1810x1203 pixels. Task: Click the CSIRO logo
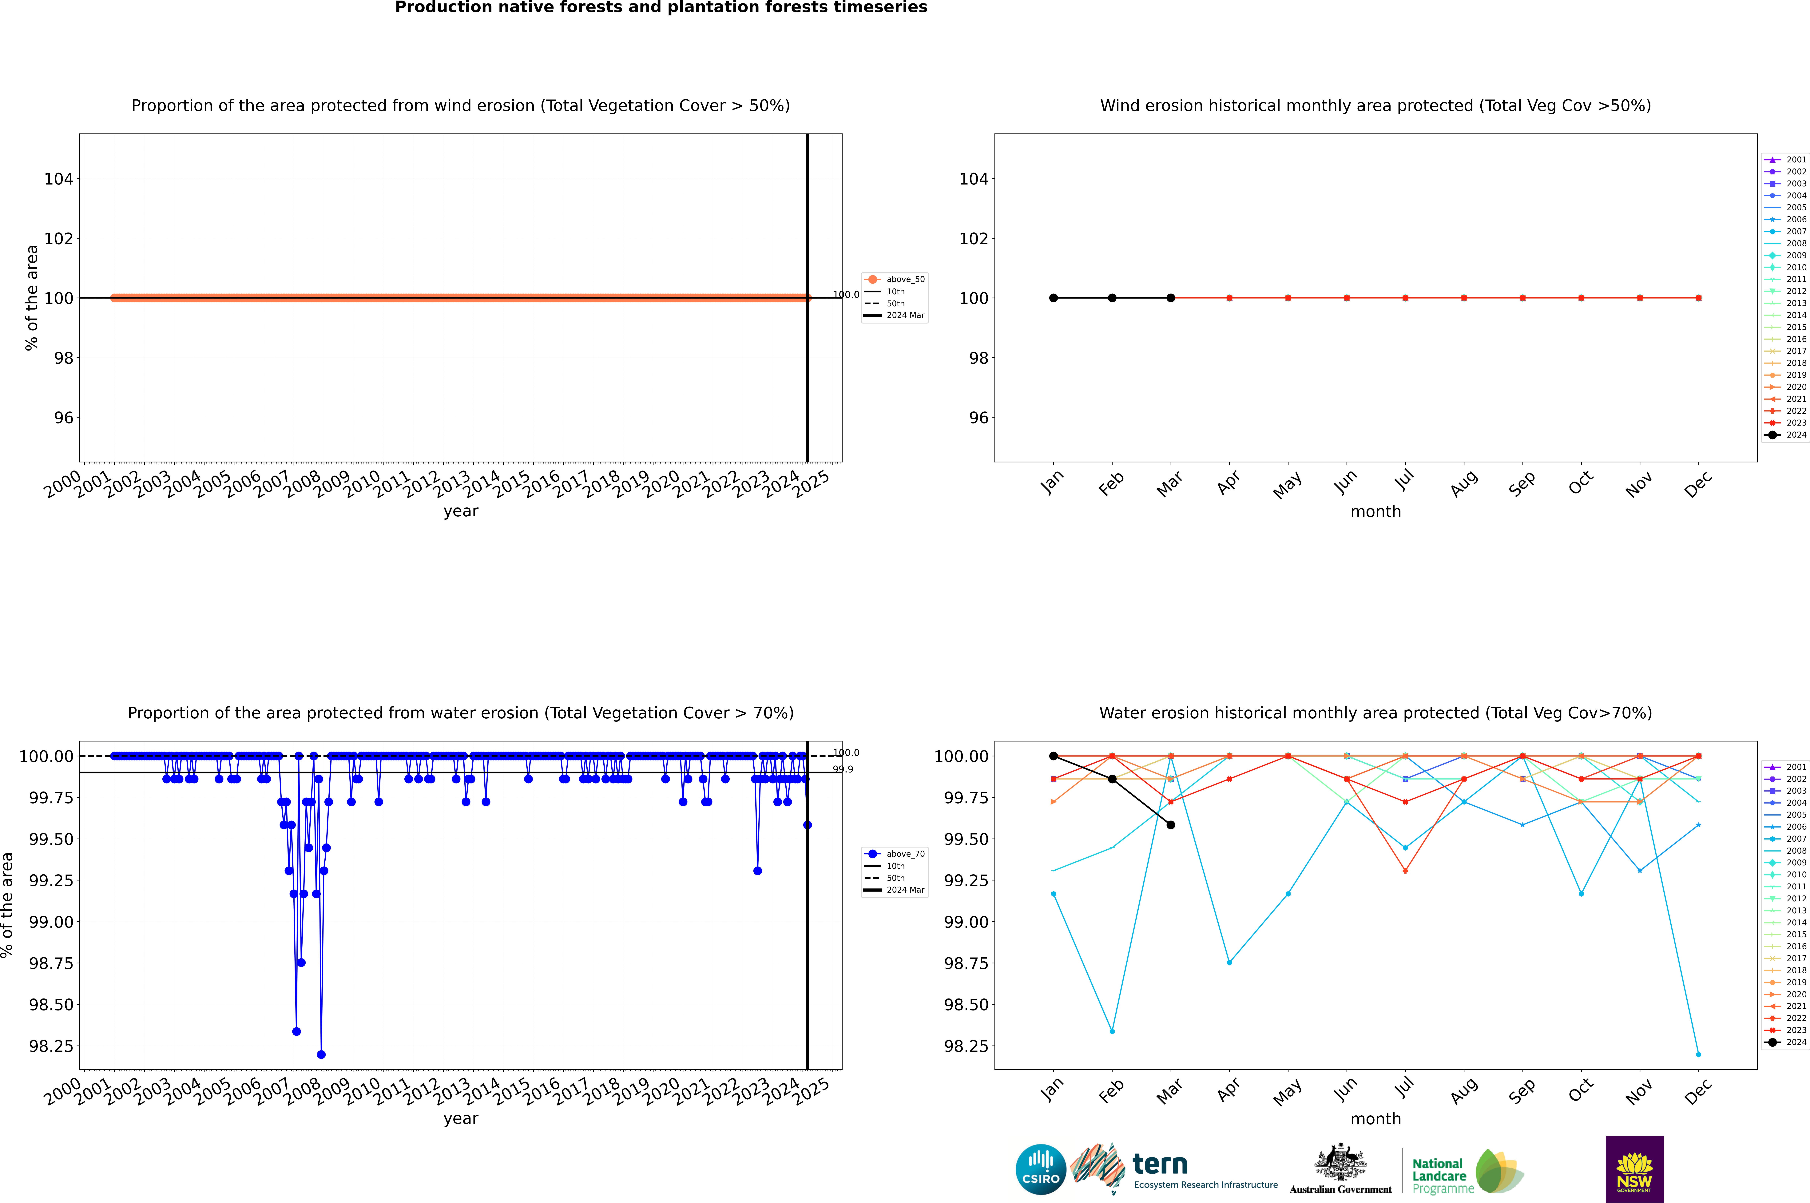point(1040,1169)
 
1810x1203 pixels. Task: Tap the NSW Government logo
point(1634,1169)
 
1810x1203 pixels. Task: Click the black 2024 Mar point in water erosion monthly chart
point(1171,825)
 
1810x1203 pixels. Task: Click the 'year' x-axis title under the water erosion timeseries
point(460,1119)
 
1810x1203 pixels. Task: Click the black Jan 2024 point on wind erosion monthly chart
point(1054,298)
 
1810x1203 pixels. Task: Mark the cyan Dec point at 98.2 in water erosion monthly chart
point(1698,1054)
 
